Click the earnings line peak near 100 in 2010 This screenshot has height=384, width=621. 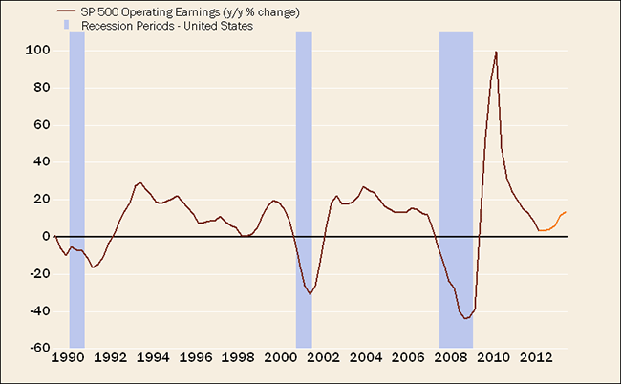(496, 52)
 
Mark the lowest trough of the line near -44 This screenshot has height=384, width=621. (465, 318)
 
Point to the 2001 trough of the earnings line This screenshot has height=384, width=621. (310, 294)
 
